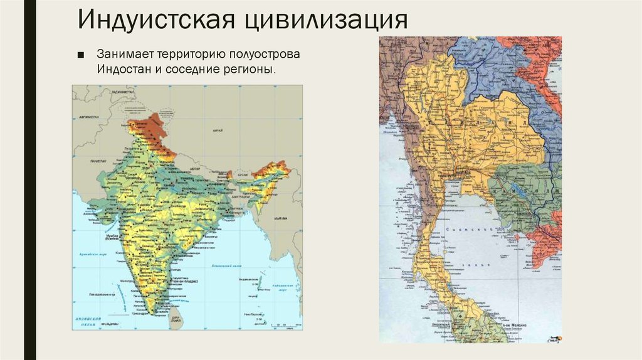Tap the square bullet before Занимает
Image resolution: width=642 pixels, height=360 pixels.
(81, 54)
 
